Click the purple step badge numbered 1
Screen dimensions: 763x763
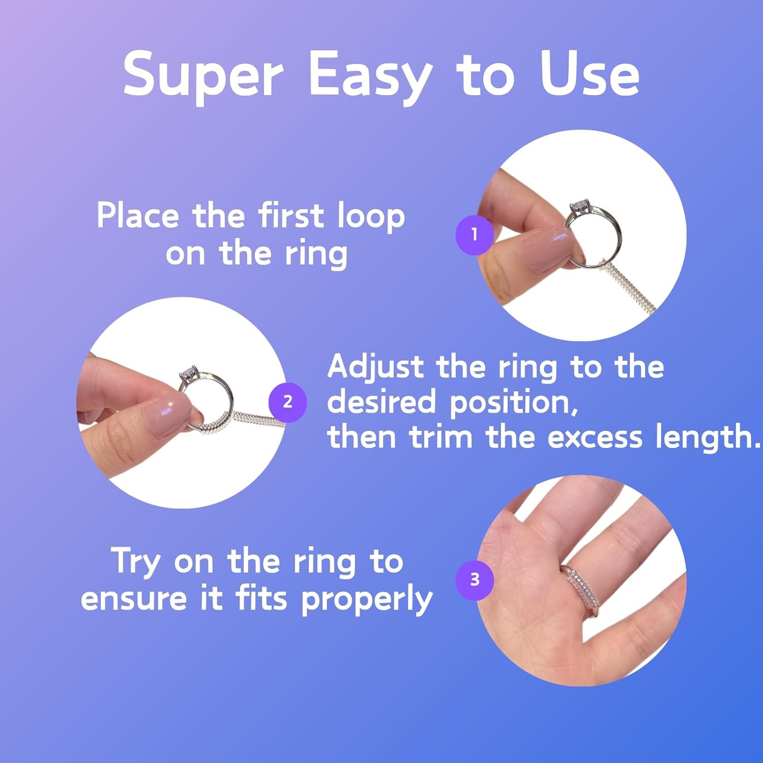475,234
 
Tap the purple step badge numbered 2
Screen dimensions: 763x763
287,402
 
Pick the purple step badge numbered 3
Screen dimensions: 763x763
475,580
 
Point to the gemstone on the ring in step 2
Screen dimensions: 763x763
190,373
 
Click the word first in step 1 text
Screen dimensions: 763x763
291,215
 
